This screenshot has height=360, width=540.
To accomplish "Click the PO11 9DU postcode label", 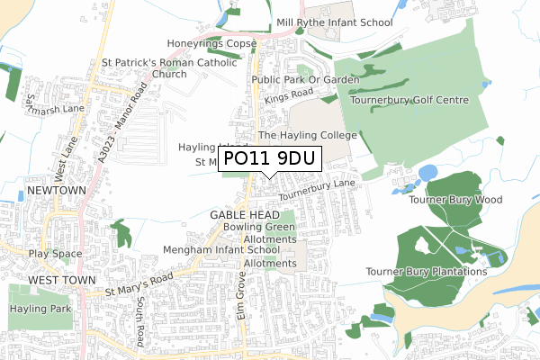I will pyautogui.click(x=271, y=159).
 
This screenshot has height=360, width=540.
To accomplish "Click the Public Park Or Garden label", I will pyautogui.click(x=305, y=79).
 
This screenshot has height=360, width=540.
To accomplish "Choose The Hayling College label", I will pyautogui.click(x=308, y=135).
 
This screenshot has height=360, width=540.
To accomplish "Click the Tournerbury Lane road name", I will pyautogui.click(x=317, y=190).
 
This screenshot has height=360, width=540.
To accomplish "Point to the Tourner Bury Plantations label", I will pyautogui.click(x=427, y=271).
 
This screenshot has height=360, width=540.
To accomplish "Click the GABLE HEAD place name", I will pyautogui.click(x=240, y=216).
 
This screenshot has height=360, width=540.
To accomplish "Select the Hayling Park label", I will pyautogui.click(x=33, y=308).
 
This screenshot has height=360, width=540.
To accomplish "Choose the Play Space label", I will pyautogui.click(x=54, y=254).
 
